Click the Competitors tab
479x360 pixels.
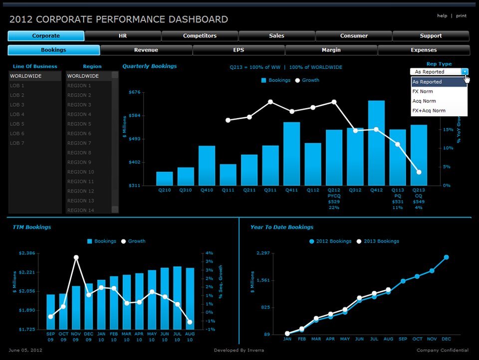200,36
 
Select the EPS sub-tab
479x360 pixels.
239,50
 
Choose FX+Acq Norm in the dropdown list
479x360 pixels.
429,111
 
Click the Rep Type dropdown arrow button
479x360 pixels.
465,72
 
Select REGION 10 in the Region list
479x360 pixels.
80,172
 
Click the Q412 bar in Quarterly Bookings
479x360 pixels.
376,143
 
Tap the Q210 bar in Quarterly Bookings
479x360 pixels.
164,179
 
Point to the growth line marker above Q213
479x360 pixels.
419,172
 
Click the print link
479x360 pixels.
461,15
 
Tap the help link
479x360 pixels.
442,15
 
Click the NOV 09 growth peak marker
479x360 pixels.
76,258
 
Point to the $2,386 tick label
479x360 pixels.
26,253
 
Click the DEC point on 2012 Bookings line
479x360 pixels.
446,257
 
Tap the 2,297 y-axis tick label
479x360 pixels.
262,253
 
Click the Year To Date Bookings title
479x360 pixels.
281,227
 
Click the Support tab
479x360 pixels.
431,36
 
